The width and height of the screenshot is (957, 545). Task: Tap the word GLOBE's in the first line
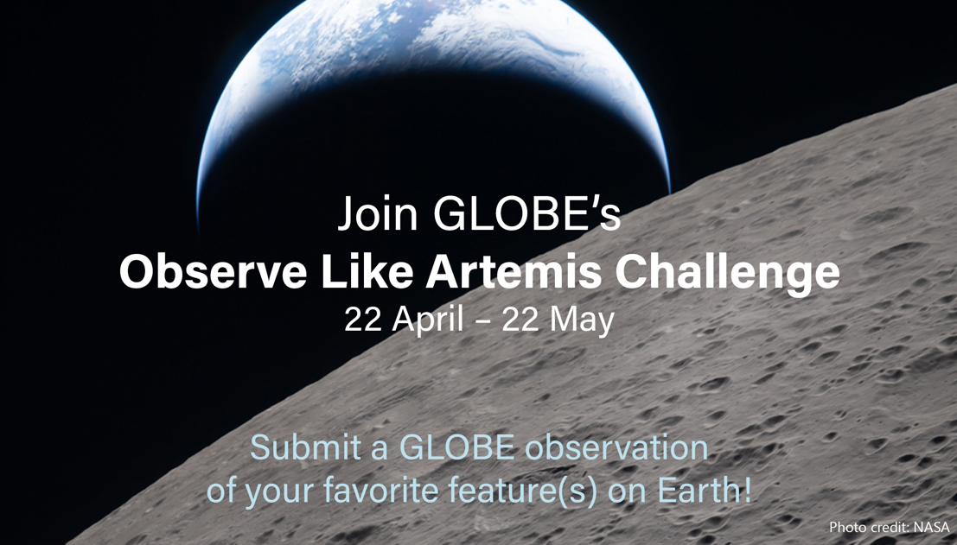pos(526,215)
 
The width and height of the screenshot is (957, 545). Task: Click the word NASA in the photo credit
pos(931,527)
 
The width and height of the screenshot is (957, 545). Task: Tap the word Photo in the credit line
pos(846,527)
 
